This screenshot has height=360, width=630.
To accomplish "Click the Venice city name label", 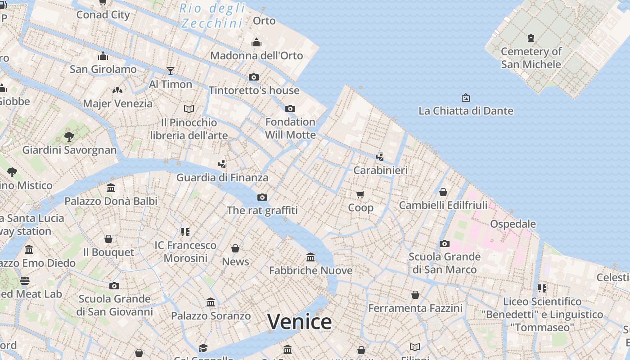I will pos(299,321).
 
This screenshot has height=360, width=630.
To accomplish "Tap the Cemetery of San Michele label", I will pos(531,58).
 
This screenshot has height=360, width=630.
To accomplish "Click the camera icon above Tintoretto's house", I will pos(254,77).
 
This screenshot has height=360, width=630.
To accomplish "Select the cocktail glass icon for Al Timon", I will pos(170,71).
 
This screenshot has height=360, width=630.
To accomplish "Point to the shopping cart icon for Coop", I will pos(360,194).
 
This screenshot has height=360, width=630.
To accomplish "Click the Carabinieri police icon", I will pos(380,157).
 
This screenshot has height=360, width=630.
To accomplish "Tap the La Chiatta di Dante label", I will pos(466,111).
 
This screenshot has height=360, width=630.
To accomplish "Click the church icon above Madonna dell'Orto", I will pos(256,42).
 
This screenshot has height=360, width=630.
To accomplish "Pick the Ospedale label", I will pos(513,224).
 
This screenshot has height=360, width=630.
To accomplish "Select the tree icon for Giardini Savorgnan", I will pos(69,136).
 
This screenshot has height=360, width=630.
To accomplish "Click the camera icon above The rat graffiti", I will pos(262,197).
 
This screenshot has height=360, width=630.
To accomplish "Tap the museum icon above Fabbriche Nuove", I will pos(310,257).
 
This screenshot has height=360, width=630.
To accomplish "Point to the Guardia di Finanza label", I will pos(222,177).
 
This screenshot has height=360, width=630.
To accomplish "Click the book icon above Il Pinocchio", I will pos(189,109).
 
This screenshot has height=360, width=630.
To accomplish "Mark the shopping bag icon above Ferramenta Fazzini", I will pos(415,295).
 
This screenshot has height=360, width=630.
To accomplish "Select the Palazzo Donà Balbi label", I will pos(111,201).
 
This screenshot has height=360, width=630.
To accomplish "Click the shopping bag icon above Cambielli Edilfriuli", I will pos(443,192).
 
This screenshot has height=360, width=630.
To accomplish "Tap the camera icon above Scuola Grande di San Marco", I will pos(445,243).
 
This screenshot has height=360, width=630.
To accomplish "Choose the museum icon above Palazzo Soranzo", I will pos(211,302).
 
